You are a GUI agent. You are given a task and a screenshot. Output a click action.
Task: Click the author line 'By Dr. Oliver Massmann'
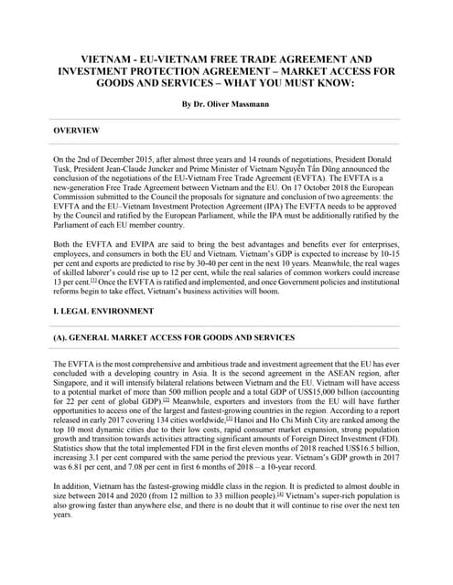coord(226,104)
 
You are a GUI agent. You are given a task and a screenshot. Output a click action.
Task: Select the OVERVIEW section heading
coord(77,132)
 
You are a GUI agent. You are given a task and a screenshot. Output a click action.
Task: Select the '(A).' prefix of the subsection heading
coord(63,338)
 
